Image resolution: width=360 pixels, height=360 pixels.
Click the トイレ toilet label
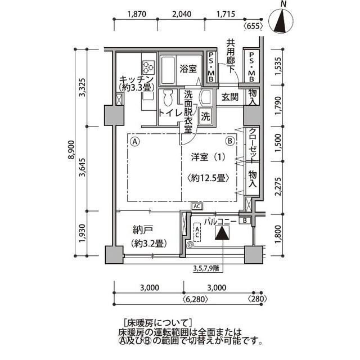tap(169, 113)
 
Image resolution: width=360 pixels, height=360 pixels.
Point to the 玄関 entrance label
tap(229, 97)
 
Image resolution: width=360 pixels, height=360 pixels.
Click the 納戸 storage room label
tap(144, 230)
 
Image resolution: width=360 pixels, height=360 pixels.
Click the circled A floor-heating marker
tap(135, 142)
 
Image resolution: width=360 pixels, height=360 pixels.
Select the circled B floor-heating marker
tap(229, 141)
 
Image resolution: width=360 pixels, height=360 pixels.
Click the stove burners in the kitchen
tap(148, 68)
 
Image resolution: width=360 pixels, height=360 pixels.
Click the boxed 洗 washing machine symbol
tap(206, 118)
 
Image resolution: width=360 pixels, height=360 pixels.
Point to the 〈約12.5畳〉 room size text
tap(207, 178)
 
